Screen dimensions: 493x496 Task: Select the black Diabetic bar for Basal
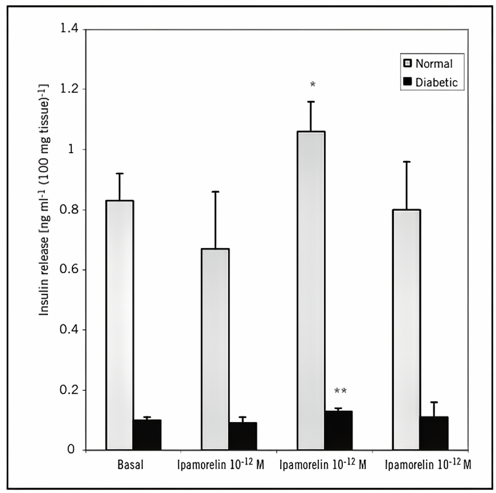[147, 435]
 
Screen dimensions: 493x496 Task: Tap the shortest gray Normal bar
[215, 349]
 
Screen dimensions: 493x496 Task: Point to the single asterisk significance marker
[313, 84]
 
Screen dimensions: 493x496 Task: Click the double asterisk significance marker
[340, 391]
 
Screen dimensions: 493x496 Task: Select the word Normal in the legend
[434, 64]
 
